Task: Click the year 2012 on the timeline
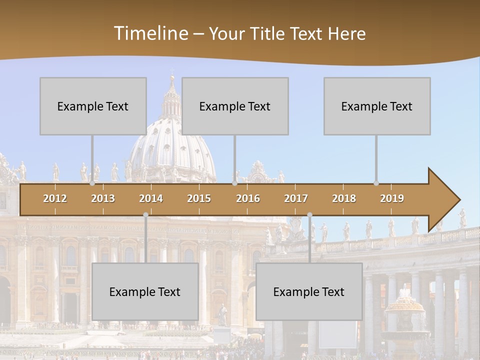pos(55,198)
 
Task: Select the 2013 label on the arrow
pos(103,198)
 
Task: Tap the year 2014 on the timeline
pos(151,198)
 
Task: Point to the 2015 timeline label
pos(199,198)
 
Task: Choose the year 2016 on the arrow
pos(248,198)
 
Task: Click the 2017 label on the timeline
pos(296,198)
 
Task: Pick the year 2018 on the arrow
pos(344,198)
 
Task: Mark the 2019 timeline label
pos(392,198)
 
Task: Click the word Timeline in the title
pos(150,33)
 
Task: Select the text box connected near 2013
pos(93,106)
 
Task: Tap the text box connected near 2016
pos(235,106)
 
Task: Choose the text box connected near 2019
pos(377,106)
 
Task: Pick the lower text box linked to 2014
pos(145,291)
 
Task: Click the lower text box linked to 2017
pos(309,291)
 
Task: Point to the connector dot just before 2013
pos(92,183)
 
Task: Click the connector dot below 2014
pos(146,214)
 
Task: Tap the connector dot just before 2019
pos(376,183)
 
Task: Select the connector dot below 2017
pos(309,214)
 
